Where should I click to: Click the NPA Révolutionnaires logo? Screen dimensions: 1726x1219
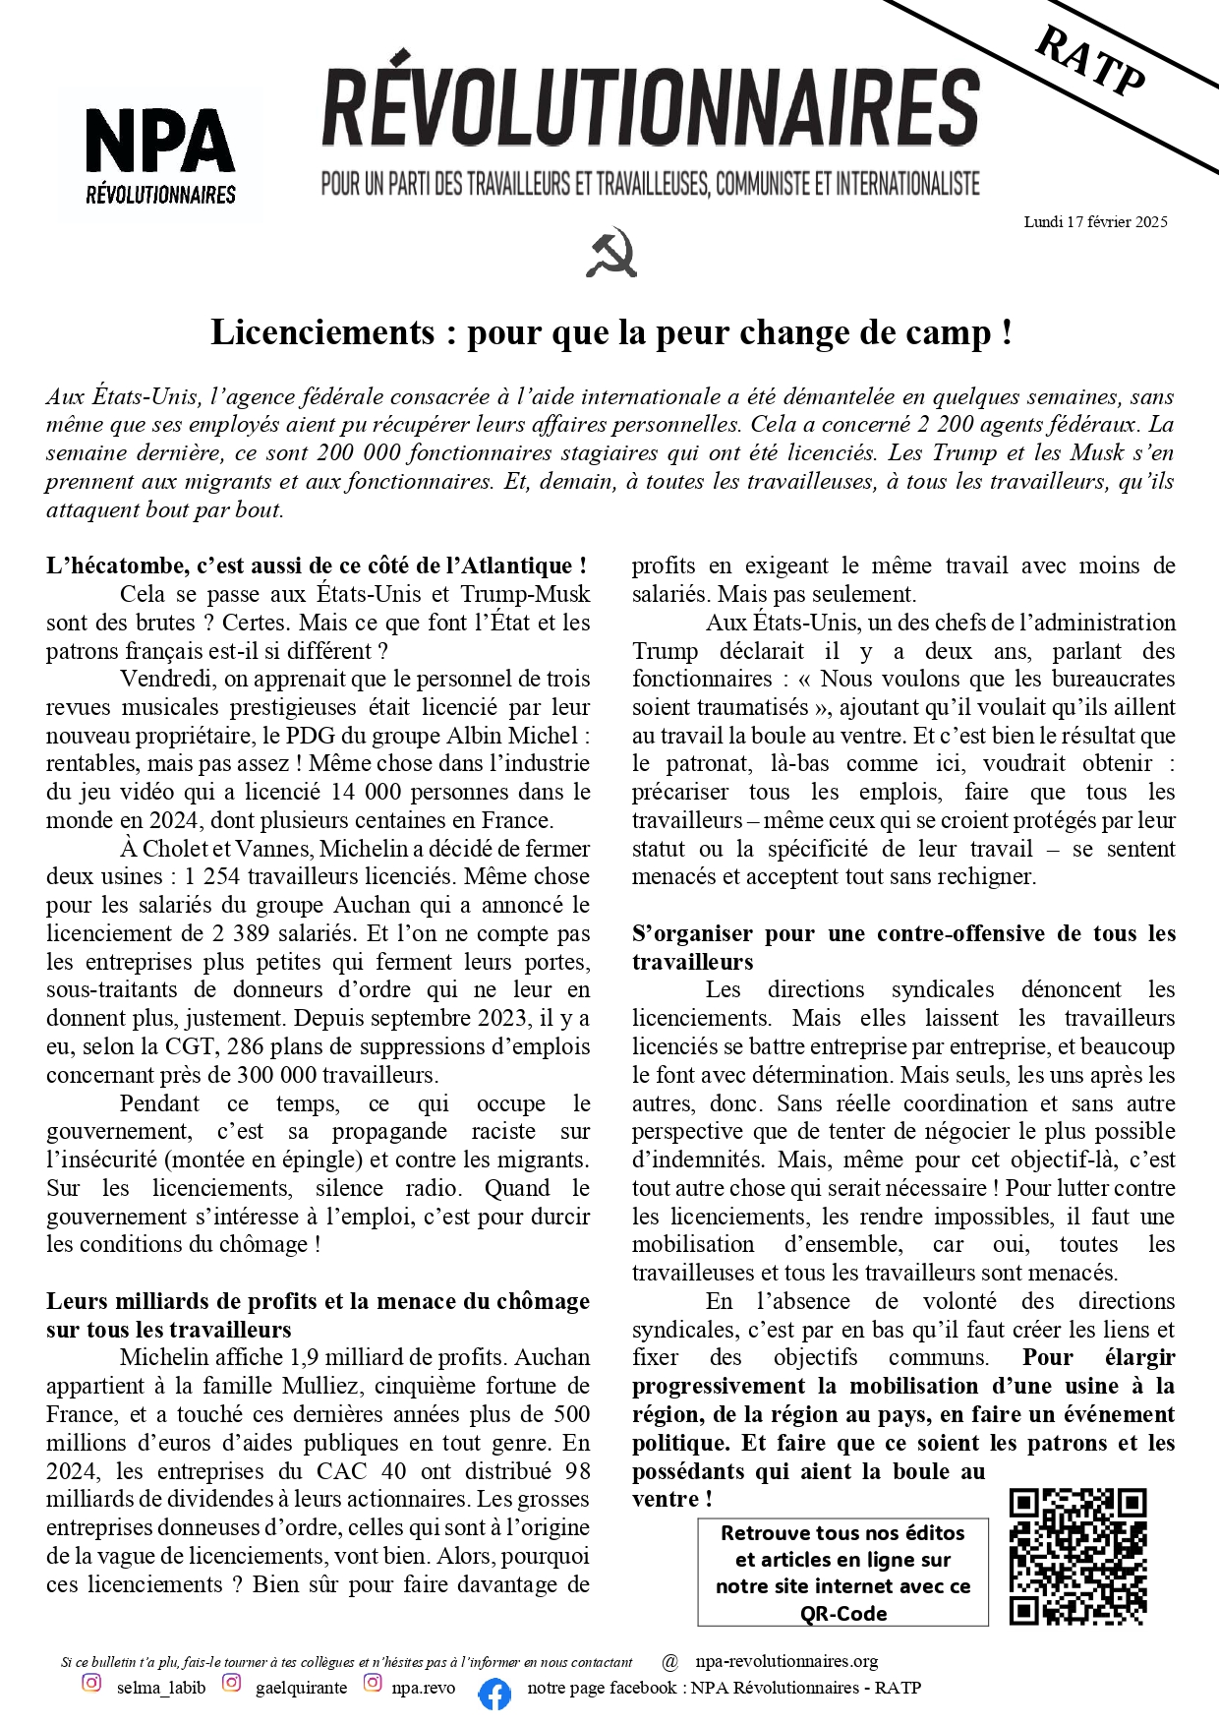[x=160, y=154]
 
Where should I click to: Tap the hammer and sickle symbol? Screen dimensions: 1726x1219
[x=611, y=254]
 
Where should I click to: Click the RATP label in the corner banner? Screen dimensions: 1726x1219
[x=1091, y=61]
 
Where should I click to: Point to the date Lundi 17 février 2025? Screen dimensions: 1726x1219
[x=1095, y=222]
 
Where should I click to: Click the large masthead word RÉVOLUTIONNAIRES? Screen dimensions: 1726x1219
[x=651, y=109]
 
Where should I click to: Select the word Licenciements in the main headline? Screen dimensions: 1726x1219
[x=322, y=332]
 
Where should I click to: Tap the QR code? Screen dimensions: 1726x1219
[x=1077, y=1557]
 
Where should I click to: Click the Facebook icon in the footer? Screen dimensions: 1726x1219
[x=494, y=1694]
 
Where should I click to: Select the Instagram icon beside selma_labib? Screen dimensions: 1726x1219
[x=91, y=1683]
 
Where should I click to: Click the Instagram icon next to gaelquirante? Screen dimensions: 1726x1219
[x=231, y=1683]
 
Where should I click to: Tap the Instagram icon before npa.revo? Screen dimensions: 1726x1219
[x=373, y=1683]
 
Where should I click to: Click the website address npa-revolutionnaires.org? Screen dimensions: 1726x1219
[x=786, y=1661]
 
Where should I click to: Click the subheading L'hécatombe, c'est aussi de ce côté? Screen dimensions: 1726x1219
[x=317, y=565]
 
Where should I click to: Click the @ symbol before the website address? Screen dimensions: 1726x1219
[x=670, y=1662]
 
